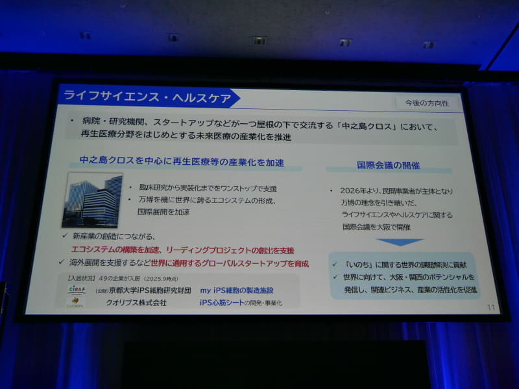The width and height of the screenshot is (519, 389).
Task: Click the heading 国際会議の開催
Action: click(388, 165)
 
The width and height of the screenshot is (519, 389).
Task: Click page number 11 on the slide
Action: click(490, 307)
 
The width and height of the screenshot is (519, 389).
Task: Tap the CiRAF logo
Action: click(77, 289)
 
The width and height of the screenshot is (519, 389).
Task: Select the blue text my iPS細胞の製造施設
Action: click(236, 290)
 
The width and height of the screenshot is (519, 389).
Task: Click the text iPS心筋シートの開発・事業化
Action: click(241, 303)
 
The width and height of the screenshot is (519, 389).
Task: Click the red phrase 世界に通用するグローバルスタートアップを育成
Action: click(229, 263)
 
